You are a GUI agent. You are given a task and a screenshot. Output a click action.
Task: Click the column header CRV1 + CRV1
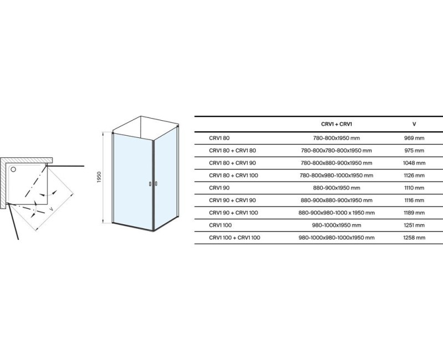(x=337, y=124)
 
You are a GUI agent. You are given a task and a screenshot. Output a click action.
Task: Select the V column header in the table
(x=414, y=124)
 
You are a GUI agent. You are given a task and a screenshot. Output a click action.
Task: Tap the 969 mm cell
(x=414, y=138)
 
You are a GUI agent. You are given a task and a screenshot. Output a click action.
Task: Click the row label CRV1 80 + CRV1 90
(x=233, y=163)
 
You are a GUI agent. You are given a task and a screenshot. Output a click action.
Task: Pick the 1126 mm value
(x=414, y=176)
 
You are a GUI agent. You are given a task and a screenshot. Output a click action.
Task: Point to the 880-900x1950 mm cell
(x=337, y=188)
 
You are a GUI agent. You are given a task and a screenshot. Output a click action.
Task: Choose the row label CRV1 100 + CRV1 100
(x=234, y=238)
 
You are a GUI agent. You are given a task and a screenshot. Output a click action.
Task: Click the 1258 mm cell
(x=414, y=238)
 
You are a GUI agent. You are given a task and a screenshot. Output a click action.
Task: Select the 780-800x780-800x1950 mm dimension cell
(x=337, y=151)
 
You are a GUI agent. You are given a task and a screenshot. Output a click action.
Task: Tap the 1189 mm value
(x=414, y=213)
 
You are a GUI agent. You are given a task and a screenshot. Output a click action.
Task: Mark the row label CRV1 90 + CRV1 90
(x=233, y=200)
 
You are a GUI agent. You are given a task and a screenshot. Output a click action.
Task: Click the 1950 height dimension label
(x=99, y=177)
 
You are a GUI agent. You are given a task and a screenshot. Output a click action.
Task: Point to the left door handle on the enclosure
(x=150, y=184)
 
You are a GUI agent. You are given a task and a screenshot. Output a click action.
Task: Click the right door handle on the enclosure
(x=156, y=184)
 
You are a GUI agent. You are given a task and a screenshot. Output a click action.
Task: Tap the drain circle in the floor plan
(x=13, y=169)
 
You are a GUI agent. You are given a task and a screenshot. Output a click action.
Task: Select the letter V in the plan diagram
(x=51, y=209)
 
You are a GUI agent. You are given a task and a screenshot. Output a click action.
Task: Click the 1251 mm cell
(x=414, y=225)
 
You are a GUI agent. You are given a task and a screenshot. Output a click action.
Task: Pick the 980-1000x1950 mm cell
(x=337, y=225)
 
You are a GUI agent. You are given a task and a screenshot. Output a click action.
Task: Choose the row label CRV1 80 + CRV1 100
(x=234, y=176)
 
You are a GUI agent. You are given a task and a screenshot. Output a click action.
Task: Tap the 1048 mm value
(x=414, y=163)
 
